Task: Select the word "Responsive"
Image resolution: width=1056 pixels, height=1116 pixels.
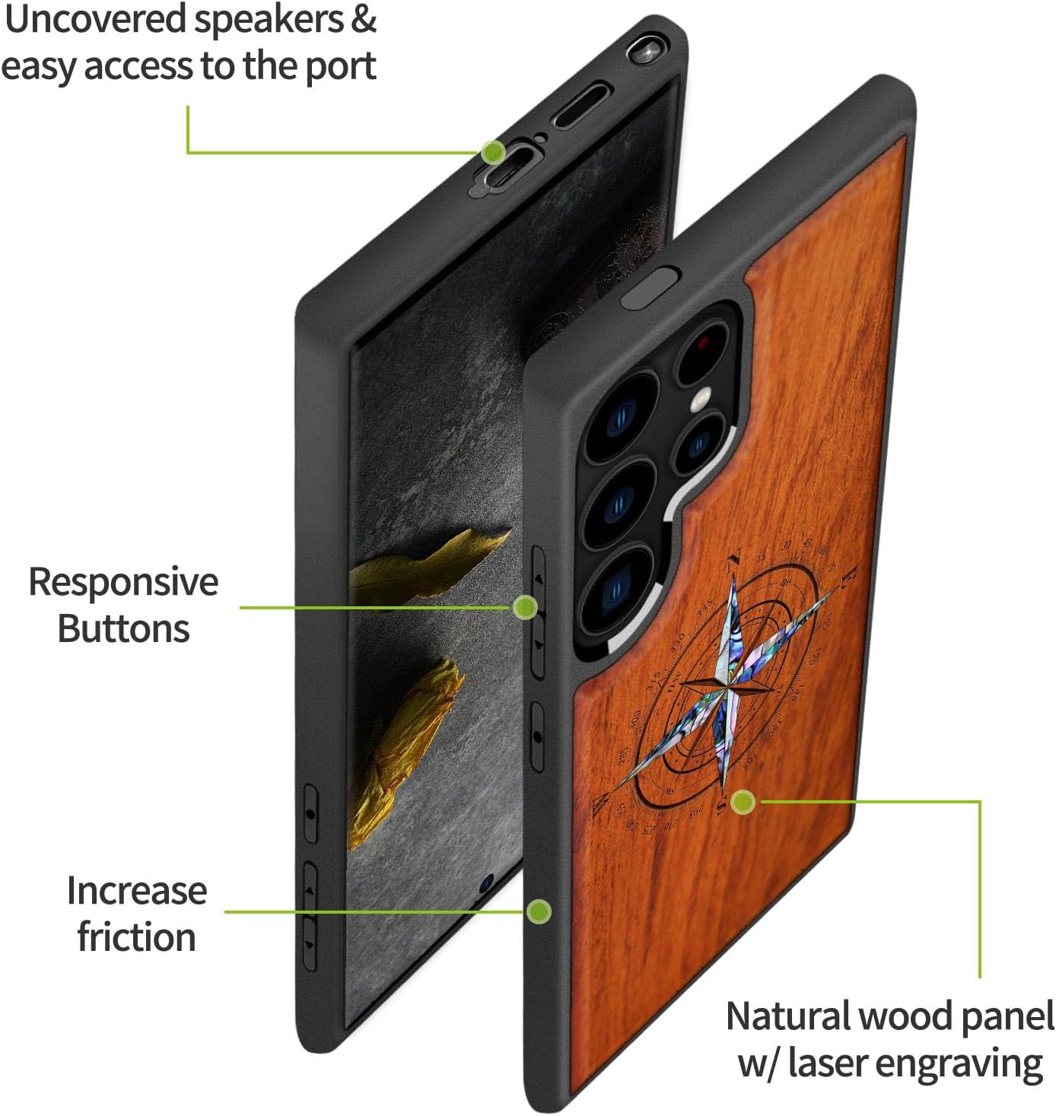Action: click(x=123, y=582)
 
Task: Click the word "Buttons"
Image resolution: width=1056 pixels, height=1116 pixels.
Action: click(x=123, y=629)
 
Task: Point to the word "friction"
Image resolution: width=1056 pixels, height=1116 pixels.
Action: click(x=136, y=936)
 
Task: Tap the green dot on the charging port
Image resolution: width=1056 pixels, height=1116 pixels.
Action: click(x=493, y=151)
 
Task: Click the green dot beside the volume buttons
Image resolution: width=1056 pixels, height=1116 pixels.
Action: click(x=525, y=606)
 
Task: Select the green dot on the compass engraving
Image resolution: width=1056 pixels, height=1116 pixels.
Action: click(x=743, y=801)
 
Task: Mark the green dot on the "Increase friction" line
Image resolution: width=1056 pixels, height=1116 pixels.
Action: click(x=539, y=911)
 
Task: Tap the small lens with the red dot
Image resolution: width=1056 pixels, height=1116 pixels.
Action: click(x=701, y=345)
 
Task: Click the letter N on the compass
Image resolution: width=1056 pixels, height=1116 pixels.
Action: click(x=733, y=561)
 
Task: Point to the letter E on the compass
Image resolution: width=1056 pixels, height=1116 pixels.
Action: click(x=849, y=576)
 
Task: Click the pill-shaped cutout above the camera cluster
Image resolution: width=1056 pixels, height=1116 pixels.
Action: click(x=649, y=286)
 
